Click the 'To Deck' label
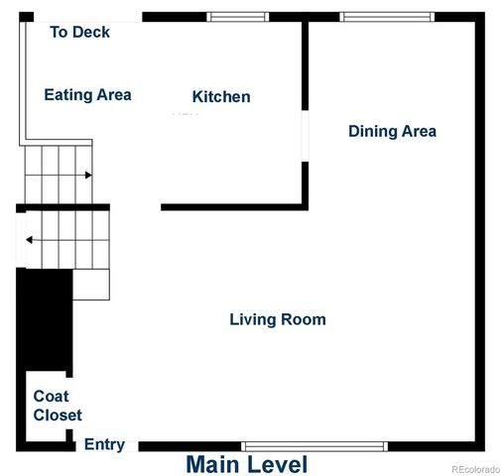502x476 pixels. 79,33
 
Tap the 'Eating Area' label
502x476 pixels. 87,95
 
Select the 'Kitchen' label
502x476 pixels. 220,97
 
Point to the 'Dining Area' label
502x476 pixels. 392,131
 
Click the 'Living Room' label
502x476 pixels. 278,319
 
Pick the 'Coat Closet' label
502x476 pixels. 58,406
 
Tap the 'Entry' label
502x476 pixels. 104,444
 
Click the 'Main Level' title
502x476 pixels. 246,464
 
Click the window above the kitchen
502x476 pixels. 237,17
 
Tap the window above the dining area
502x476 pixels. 387,17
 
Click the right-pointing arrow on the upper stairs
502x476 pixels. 88,176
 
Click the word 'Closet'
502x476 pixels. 58,416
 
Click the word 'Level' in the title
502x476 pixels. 277,464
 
